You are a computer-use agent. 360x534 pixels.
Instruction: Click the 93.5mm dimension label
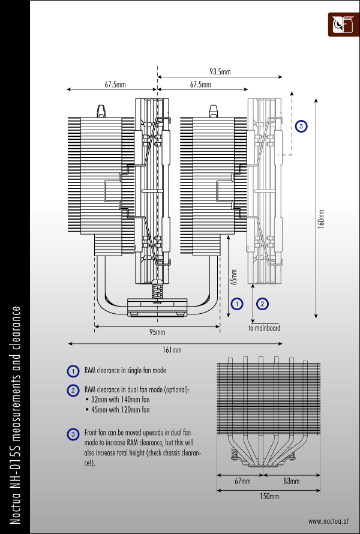point(220,72)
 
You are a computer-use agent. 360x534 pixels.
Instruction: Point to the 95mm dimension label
point(157,332)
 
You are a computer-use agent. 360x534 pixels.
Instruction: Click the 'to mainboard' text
point(264,328)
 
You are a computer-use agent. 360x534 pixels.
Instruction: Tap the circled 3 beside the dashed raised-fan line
point(301,127)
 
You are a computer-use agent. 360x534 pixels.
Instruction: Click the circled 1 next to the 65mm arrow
point(238,304)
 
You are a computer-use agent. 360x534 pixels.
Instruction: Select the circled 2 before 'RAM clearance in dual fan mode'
point(73,391)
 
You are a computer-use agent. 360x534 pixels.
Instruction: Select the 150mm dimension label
point(269,496)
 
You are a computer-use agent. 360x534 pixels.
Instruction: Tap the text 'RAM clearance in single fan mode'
point(126,371)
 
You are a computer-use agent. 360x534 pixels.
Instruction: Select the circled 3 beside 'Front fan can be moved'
point(73,433)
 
